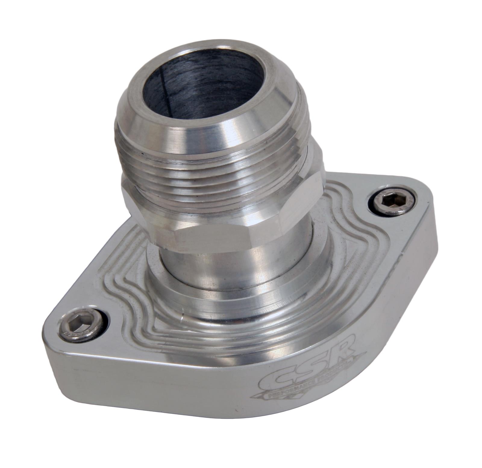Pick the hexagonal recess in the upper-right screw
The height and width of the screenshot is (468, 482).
coord(392,201)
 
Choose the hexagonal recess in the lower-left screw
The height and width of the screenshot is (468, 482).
coord(78,327)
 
